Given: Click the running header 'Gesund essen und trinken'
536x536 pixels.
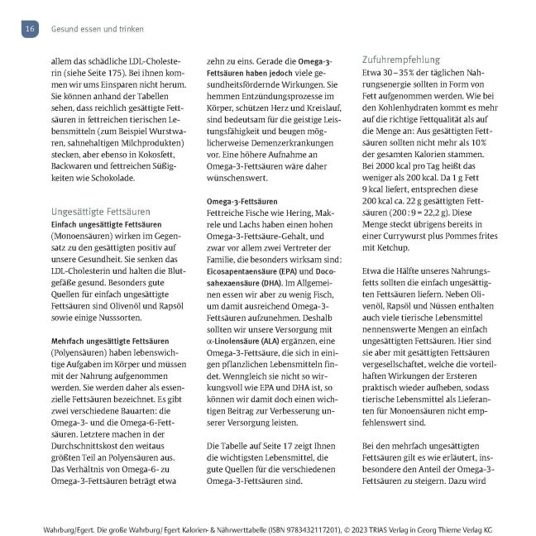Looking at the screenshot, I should tap(97, 29).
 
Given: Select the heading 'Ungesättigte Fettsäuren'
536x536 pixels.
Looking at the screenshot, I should tap(100, 211).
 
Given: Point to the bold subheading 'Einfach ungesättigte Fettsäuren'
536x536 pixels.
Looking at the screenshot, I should tap(106, 225).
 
